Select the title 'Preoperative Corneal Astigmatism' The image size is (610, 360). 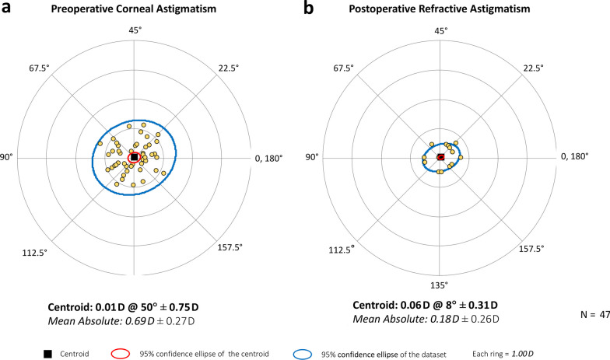(x=134, y=11)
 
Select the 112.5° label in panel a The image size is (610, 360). (x=40, y=250)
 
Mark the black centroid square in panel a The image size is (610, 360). (x=134, y=157)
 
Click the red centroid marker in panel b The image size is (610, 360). (x=440, y=157)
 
